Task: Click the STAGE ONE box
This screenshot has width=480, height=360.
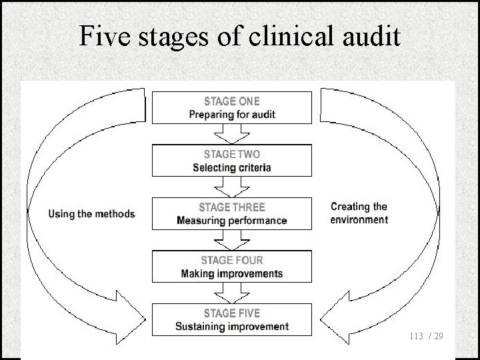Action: tap(232, 107)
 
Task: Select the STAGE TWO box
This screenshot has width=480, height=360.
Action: tap(232, 160)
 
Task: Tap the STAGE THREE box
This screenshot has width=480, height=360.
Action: tap(232, 213)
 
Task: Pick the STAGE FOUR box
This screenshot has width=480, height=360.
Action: tap(232, 265)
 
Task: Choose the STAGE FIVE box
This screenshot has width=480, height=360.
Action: tap(232, 318)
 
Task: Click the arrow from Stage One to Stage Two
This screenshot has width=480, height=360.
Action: tap(232, 134)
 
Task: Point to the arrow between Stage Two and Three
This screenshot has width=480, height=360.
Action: tap(232, 187)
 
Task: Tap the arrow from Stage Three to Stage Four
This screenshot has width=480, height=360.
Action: tap(232, 239)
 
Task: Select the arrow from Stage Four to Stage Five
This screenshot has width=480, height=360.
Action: tap(232, 292)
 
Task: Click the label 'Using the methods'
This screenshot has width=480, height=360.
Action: tap(92, 214)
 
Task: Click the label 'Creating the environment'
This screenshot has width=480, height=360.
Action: tap(359, 213)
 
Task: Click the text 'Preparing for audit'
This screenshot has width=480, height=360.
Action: tap(232, 115)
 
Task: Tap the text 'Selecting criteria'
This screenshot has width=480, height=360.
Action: tap(232, 168)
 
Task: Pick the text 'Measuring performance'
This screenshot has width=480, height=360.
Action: tap(232, 220)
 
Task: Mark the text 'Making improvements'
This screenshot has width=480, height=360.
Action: tap(232, 273)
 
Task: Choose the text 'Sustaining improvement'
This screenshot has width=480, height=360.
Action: tap(232, 327)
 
